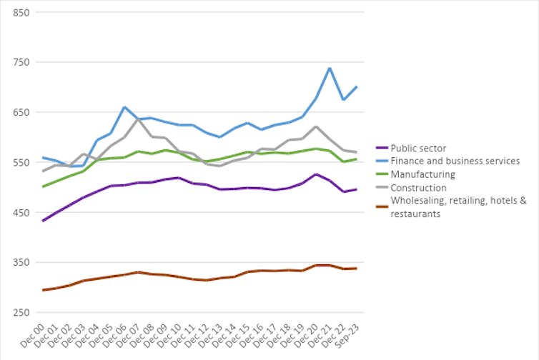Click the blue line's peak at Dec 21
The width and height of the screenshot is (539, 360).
click(x=329, y=68)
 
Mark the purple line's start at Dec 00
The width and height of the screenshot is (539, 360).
click(x=44, y=221)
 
